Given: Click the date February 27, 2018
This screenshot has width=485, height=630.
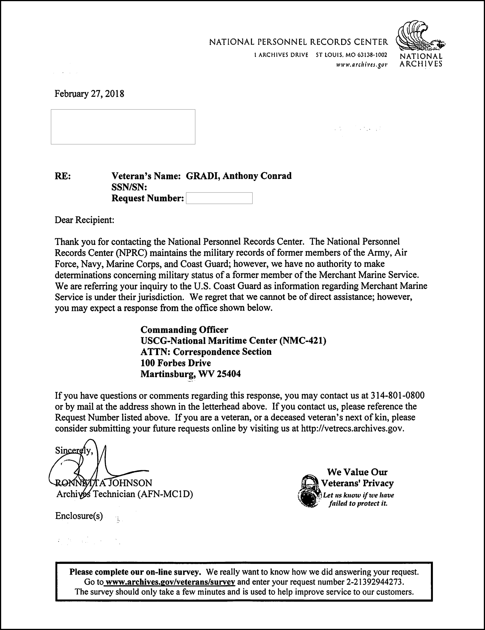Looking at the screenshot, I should click(89, 94).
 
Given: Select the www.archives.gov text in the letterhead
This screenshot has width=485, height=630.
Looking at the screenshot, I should click(362, 65).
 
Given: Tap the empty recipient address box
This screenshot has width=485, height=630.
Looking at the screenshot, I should click(123, 127).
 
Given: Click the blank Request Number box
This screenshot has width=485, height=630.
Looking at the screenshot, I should click(219, 198).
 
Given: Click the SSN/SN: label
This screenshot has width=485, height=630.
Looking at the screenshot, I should click(129, 187).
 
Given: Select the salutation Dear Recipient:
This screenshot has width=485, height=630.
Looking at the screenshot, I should click(84, 220).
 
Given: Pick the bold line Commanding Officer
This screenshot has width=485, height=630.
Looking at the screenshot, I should click(184, 329).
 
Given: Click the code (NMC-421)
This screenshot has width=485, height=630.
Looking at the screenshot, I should click(303, 341).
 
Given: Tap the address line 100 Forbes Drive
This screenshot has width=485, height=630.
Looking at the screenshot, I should click(176, 363).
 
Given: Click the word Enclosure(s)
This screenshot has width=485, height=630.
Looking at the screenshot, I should click(79, 516).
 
